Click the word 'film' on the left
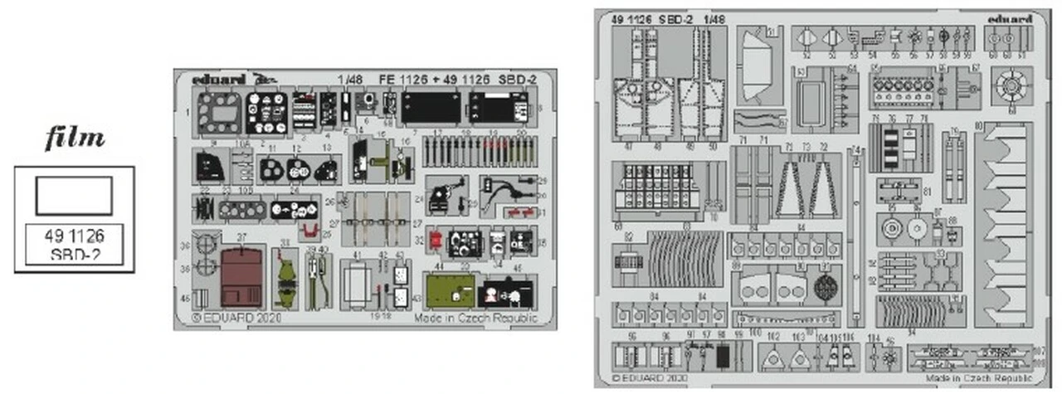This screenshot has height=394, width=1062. (75, 139)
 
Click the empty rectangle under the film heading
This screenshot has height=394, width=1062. (74, 195)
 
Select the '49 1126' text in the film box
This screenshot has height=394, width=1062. (74, 236)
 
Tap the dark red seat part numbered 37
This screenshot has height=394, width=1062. (241, 276)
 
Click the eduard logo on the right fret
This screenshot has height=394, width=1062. (1010, 19)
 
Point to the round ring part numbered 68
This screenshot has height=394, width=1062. (1011, 85)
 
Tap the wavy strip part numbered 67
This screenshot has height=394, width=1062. (758, 121)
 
